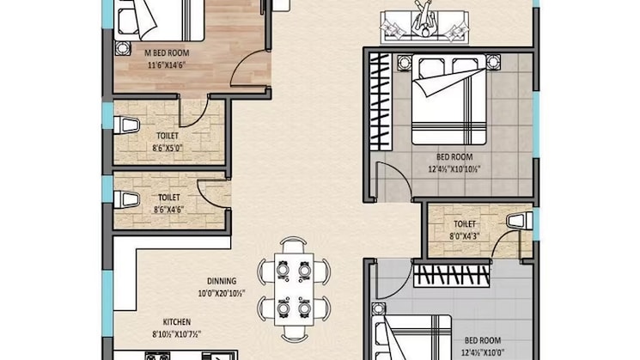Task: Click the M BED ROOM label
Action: (167, 53)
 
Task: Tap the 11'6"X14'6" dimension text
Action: (167, 65)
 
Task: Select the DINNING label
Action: (222, 281)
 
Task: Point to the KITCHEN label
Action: (177, 322)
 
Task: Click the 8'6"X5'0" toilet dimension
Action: (168, 148)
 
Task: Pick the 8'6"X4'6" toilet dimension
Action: (169, 210)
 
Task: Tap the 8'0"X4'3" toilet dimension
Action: (465, 236)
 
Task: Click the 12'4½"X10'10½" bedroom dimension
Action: (454, 169)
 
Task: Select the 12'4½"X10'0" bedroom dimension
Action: (482, 352)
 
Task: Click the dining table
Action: (294, 290)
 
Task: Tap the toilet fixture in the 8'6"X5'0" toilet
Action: (126, 125)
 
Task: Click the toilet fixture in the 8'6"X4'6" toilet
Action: (126, 200)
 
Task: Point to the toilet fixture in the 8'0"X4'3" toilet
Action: (519, 221)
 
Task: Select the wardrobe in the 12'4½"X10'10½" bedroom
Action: (381, 101)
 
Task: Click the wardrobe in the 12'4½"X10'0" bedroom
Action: (451, 276)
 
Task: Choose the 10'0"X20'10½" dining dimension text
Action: (222, 294)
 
